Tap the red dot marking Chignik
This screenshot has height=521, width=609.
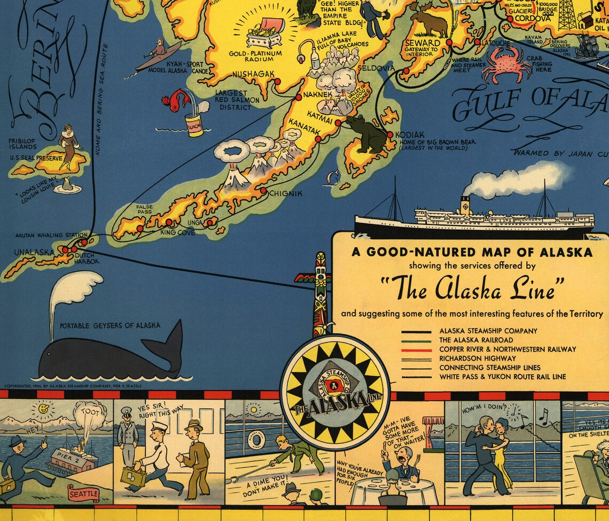pos(263,190)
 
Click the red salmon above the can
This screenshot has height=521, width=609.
pos(176,99)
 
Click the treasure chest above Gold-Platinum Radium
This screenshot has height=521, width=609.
pos(264,35)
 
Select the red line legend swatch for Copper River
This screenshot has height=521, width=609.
pos(416,349)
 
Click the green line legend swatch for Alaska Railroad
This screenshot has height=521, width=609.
pos(416,340)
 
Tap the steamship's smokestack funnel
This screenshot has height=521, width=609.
pos(465,205)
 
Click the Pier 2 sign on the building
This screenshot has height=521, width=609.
pos(64,455)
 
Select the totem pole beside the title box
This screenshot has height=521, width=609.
pos(321,294)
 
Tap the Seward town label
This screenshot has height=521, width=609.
pos(423,43)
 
